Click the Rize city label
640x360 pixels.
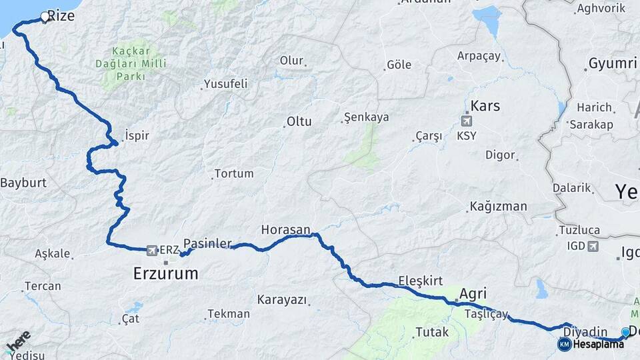pos(61,15)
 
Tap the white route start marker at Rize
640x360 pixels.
pos(45,17)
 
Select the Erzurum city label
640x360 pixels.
pos(166,273)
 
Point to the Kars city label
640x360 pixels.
pos(485,106)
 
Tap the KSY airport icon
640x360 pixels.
pos(465,121)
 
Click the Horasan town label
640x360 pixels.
pos(285,229)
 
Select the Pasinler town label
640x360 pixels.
pos(207,243)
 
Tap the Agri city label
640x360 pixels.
pos(473,293)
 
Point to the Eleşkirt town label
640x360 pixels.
pos(420,281)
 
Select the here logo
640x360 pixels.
pos(19,341)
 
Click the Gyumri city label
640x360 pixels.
pos(612,64)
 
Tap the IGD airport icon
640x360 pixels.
pos(592,246)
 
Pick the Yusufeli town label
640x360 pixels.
pos(225,84)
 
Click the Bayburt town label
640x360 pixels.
pos(23,182)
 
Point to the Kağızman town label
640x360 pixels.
pos(498,206)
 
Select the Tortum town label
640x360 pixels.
pos(233,173)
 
